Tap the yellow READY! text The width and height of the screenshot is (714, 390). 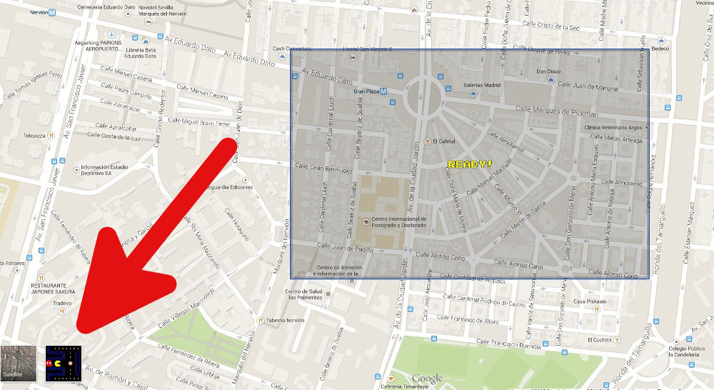pos(469,164)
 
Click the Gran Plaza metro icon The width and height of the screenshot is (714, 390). pos(384,91)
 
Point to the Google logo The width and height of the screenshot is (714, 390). pos(427,378)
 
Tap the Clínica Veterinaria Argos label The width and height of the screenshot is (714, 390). pos(614,127)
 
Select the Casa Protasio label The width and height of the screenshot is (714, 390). pos(590,301)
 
